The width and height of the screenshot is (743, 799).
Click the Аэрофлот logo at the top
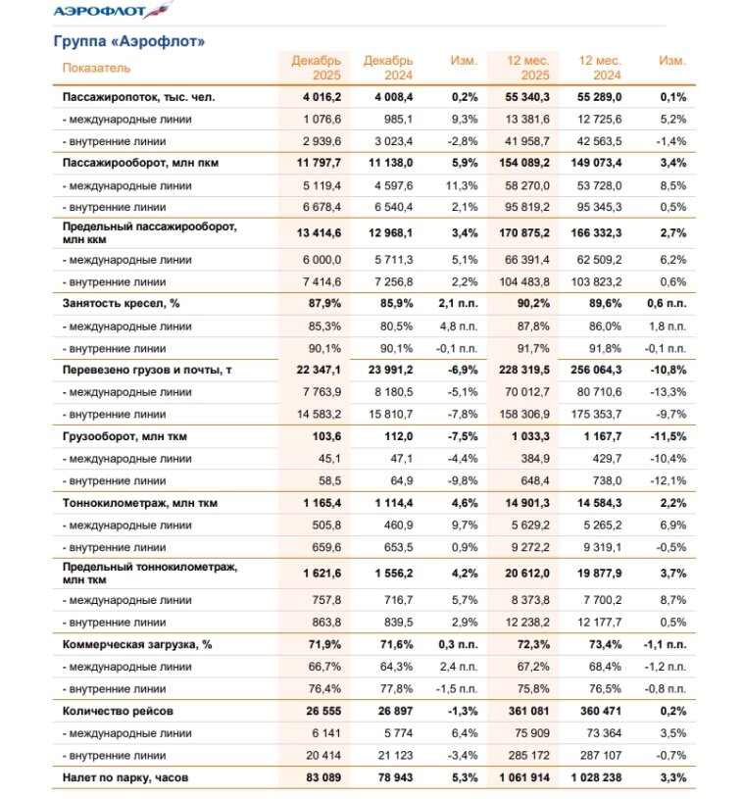pyautogui.click(x=111, y=12)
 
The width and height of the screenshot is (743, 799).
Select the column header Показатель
pyautogui.click(x=96, y=68)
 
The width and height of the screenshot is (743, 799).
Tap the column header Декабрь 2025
pyautogui.click(x=316, y=68)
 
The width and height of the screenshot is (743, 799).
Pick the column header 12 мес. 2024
pyautogui.click(x=599, y=68)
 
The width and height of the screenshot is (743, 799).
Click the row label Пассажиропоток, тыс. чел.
pyautogui.click(x=137, y=98)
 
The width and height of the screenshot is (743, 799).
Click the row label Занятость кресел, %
pyautogui.click(x=115, y=304)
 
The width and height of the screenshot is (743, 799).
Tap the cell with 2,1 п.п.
pyautogui.click(x=457, y=304)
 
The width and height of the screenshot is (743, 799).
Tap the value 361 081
pyautogui.click(x=528, y=710)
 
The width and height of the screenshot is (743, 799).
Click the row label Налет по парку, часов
pyautogui.click(x=126, y=777)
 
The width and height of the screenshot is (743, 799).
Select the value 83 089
pyautogui.click(x=321, y=777)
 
